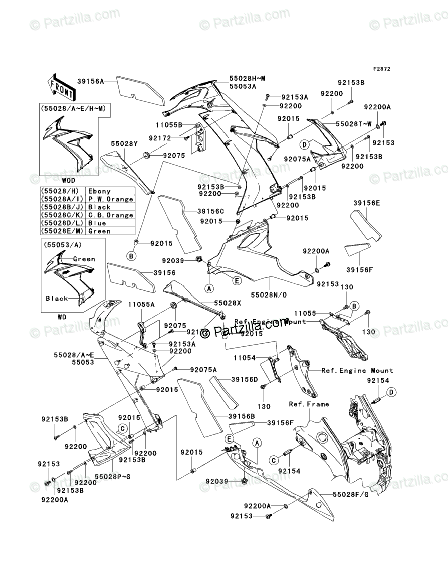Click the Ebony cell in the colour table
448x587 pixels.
click(x=99, y=191)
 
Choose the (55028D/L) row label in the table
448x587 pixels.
click(x=62, y=223)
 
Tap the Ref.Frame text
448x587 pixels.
click(x=309, y=404)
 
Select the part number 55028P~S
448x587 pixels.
click(x=113, y=476)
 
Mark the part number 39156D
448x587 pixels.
click(x=244, y=380)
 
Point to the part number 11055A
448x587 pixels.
click(x=126, y=304)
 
